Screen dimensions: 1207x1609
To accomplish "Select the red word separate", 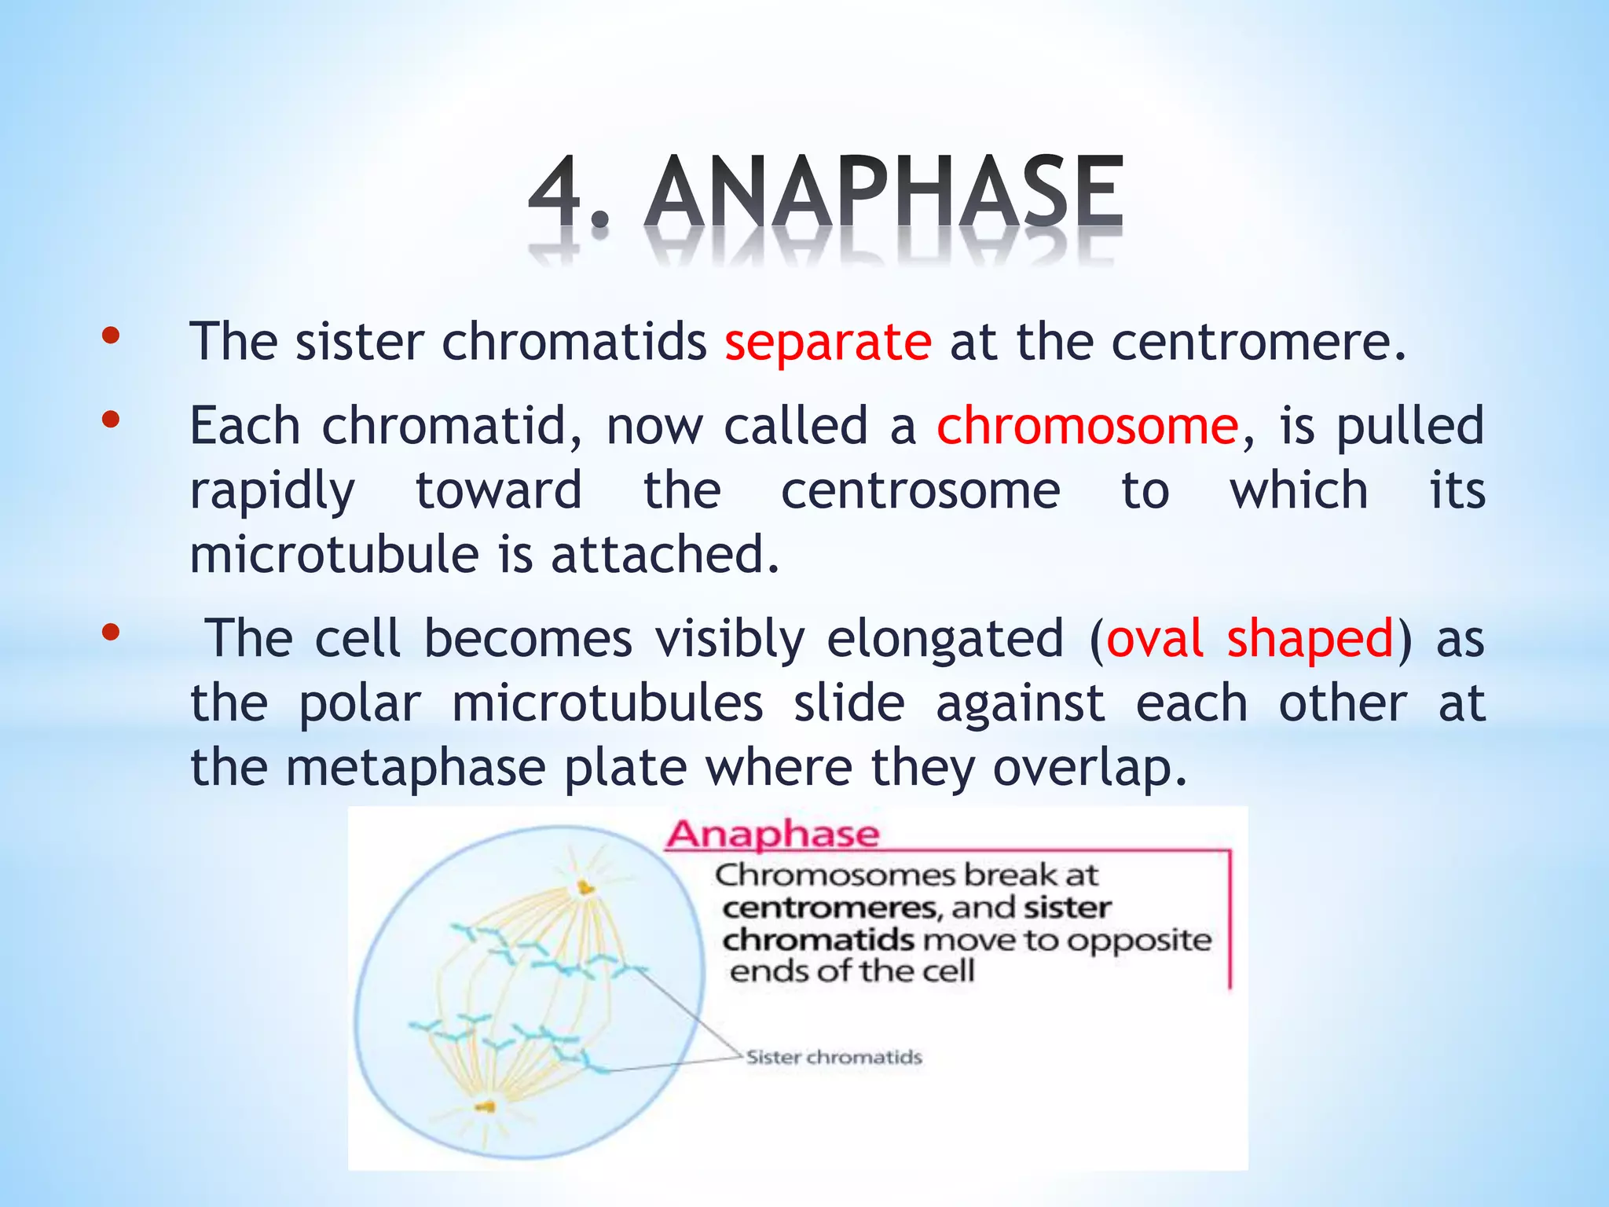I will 828,343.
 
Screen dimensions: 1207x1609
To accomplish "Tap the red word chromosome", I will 1087,427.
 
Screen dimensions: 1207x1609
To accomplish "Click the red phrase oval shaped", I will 1249,638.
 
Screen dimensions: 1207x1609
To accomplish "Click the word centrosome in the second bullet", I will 920,491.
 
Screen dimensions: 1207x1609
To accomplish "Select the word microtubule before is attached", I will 334,555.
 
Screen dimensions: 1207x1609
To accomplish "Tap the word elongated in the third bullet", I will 945,638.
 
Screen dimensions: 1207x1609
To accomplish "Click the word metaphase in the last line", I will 415,768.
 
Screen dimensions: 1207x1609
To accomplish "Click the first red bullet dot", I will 111,336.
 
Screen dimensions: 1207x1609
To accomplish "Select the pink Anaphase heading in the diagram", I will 772,835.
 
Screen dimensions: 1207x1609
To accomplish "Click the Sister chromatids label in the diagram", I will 834,1058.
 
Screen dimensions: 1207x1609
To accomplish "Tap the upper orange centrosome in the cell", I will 585,888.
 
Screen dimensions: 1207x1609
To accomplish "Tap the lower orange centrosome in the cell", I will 485,1107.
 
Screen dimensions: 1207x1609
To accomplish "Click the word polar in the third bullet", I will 360,703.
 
